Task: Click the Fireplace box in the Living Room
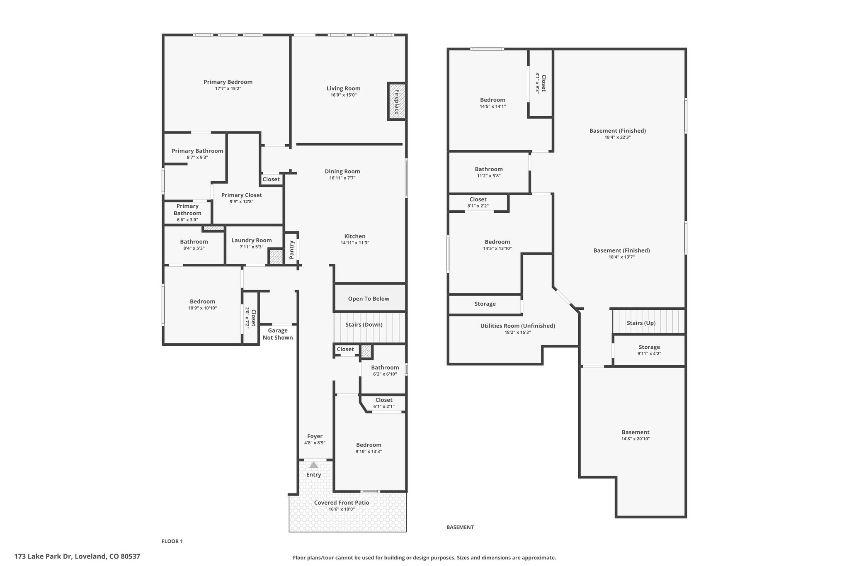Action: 396,102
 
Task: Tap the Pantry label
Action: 291,250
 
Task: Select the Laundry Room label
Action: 252,240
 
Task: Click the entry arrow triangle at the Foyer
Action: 314,465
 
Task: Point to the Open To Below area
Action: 369,298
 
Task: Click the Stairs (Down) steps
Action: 369,328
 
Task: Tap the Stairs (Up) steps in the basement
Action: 648,321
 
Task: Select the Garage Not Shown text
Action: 278,334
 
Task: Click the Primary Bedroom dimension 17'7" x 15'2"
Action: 228,89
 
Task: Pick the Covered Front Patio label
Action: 342,503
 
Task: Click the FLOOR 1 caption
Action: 172,541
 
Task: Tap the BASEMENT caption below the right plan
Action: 460,527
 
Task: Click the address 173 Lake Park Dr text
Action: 43,556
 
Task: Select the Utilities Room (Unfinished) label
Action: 518,326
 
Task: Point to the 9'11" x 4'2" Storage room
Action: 649,350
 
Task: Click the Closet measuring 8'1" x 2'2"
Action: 478,202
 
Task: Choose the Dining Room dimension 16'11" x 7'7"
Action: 342,178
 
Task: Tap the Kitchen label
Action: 355,236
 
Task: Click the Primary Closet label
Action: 242,195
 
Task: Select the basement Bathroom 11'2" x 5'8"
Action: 489,172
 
